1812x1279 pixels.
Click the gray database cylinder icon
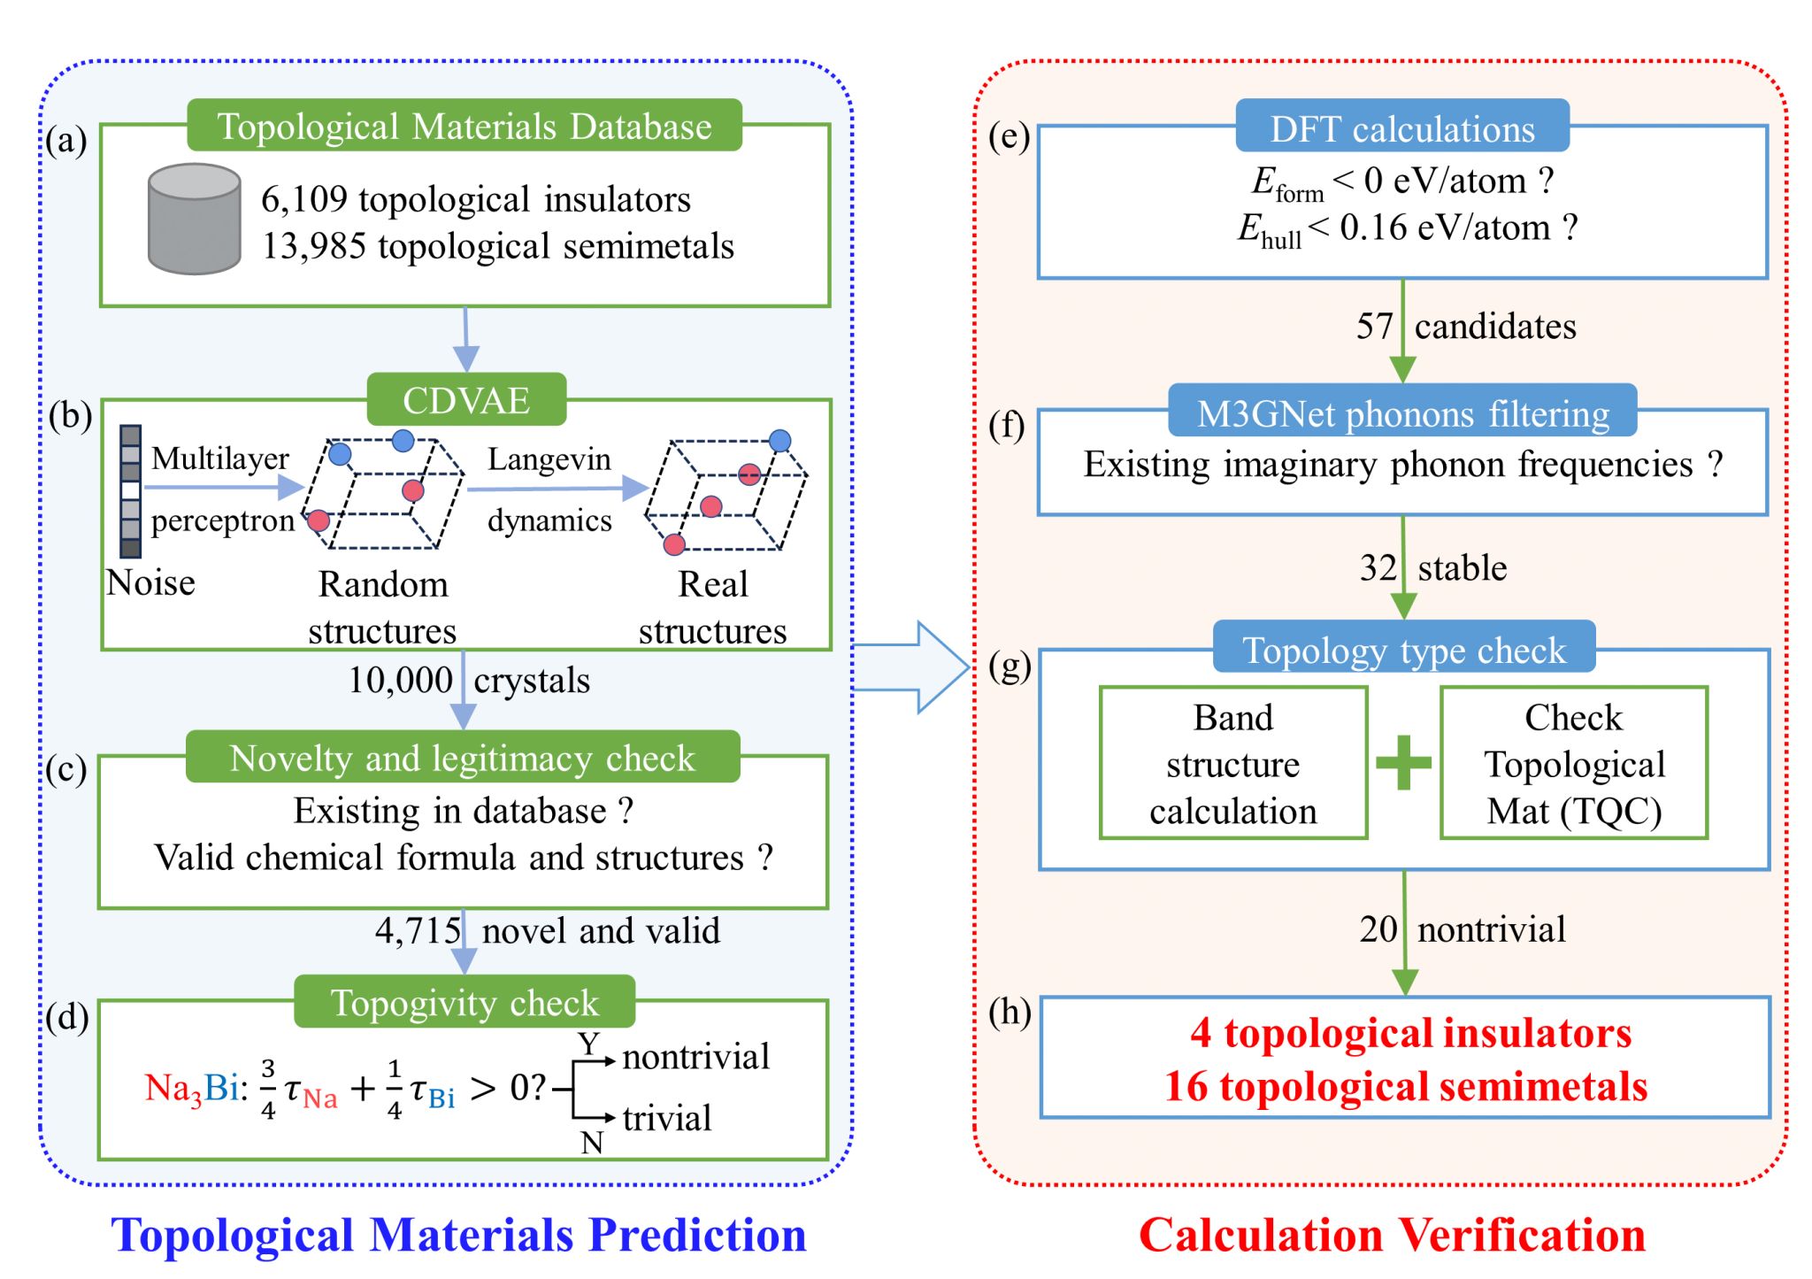(x=194, y=219)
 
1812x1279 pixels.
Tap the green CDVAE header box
(x=466, y=400)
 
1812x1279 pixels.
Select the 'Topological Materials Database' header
(x=465, y=126)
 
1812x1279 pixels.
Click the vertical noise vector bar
(x=130, y=491)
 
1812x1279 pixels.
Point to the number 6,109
(x=303, y=200)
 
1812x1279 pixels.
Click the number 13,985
(x=313, y=246)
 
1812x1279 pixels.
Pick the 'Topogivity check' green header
(x=465, y=1002)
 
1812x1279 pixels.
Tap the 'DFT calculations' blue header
(x=1402, y=128)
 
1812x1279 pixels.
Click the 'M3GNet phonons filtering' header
(x=1402, y=413)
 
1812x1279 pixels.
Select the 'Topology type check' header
(x=1404, y=650)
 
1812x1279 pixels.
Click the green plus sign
(x=1403, y=762)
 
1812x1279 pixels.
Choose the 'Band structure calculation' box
(x=1232, y=763)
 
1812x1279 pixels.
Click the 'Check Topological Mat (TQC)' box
(x=1573, y=763)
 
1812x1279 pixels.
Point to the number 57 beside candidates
(x=1375, y=327)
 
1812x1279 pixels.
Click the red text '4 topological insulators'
(x=1410, y=1033)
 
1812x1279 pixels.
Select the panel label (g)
(x=1010, y=666)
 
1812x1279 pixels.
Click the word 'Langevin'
(x=549, y=459)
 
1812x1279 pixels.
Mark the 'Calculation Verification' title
(x=1392, y=1234)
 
